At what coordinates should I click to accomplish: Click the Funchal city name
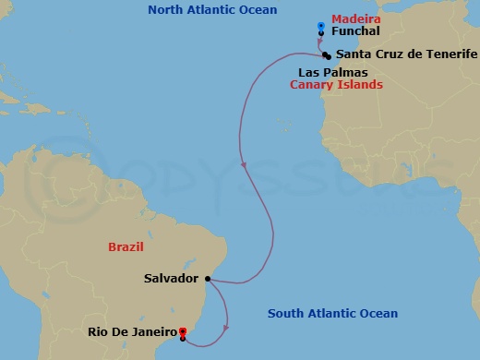pos(354,31)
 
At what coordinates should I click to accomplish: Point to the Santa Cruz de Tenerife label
pos(406,54)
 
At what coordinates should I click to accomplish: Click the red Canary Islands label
pos(336,85)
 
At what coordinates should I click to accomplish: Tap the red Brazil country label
pos(126,248)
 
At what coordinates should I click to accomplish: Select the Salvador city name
pos(172,277)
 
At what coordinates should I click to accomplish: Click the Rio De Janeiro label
pos(132,331)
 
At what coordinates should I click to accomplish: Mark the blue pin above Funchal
pos(320,25)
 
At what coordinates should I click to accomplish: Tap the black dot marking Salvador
pos(208,278)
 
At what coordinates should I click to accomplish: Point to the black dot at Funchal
pos(320,34)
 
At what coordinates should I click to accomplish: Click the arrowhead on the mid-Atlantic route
pos(243,165)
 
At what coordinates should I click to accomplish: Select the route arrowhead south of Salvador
pos(226,330)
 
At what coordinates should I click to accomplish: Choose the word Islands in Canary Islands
pos(361,85)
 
